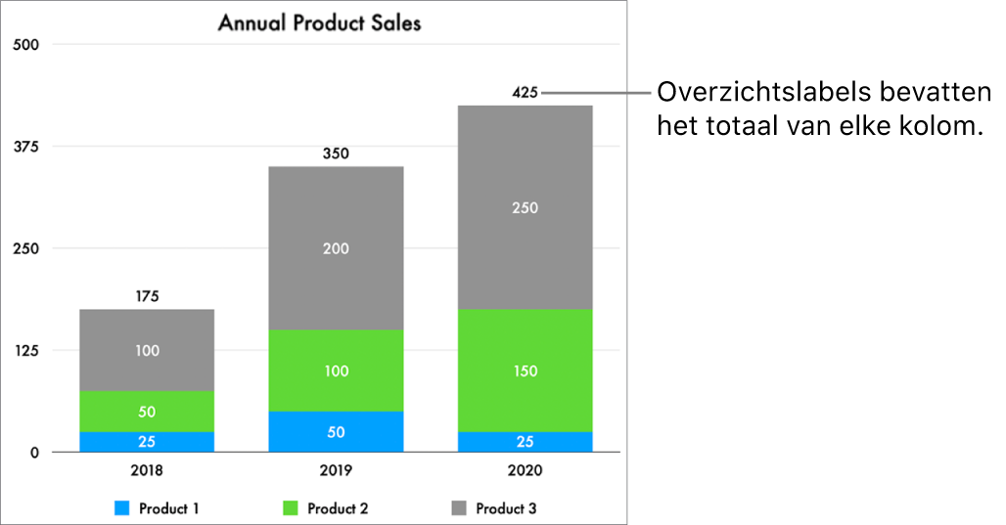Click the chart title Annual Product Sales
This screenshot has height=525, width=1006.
point(319,22)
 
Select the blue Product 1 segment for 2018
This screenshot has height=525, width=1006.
point(147,442)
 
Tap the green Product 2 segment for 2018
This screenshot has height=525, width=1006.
point(147,412)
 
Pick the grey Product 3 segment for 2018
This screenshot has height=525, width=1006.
point(147,350)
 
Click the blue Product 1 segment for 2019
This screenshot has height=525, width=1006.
point(336,432)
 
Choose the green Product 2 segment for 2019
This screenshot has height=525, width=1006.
point(336,371)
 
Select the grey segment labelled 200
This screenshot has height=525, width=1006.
point(336,248)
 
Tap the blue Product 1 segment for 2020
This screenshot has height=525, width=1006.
point(525,442)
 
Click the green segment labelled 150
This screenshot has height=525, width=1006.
point(525,371)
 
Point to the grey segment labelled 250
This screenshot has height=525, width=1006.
point(525,207)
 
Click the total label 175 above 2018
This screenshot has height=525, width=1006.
point(147,296)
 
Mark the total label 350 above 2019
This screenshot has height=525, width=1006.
point(336,153)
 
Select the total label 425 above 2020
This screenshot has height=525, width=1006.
point(525,93)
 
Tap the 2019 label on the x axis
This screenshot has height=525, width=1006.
point(336,470)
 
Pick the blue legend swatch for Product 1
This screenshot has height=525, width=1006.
point(122,508)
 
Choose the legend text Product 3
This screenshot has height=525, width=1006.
point(506,508)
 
